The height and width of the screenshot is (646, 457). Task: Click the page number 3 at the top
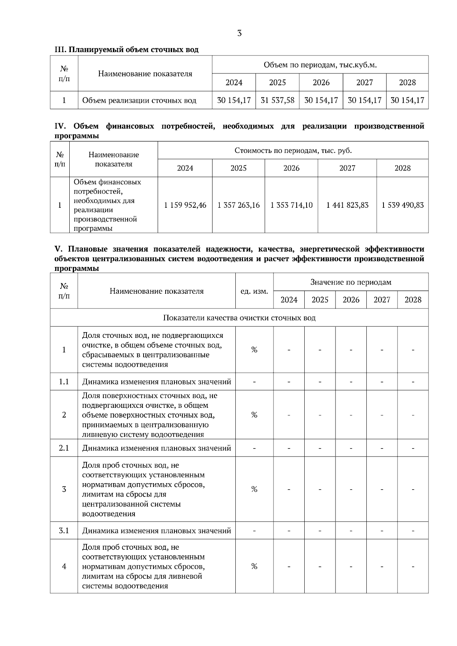click(x=239, y=33)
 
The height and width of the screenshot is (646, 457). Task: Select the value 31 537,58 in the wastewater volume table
click(x=277, y=100)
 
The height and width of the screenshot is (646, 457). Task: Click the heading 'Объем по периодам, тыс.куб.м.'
click(x=320, y=65)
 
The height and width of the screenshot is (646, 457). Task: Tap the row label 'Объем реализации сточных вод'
click(x=139, y=100)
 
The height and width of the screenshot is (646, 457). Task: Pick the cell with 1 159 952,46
click(x=185, y=205)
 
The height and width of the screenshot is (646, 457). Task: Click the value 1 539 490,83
click(x=403, y=205)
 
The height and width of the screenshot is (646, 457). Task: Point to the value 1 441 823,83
click(x=347, y=205)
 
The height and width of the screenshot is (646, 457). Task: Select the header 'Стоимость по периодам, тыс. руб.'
click(x=293, y=150)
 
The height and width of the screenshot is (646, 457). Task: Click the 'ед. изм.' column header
click(x=254, y=291)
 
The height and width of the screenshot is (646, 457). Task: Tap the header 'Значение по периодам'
click(x=350, y=282)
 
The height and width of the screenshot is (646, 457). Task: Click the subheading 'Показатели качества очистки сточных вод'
click(x=239, y=318)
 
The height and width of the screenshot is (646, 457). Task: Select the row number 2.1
click(x=64, y=448)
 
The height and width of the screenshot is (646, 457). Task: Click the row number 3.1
click(x=64, y=530)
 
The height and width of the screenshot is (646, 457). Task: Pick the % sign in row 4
click(x=254, y=566)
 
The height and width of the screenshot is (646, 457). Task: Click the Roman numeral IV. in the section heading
click(x=60, y=126)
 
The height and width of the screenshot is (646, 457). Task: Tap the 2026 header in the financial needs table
click(x=291, y=168)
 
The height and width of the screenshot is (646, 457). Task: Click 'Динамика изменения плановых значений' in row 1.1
click(x=157, y=382)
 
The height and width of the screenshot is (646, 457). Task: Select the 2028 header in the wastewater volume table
click(x=407, y=83)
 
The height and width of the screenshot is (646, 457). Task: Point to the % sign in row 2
click(x=254, y=415)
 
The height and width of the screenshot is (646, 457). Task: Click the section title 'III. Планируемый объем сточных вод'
click(x=126, y=50)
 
